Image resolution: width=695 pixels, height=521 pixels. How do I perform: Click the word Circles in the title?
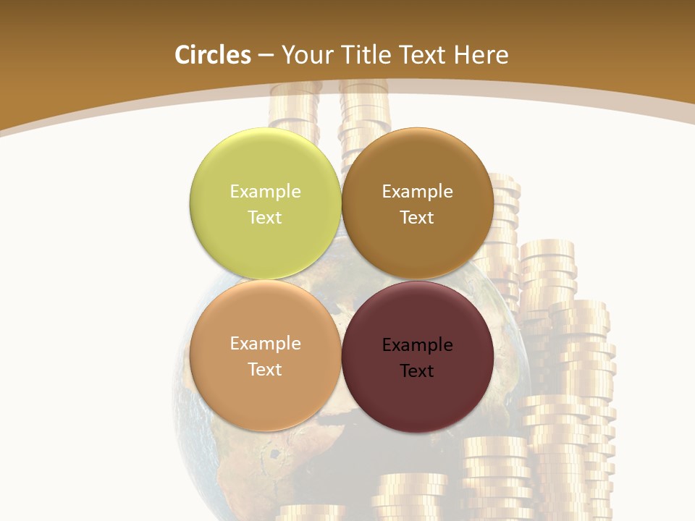point(213,55)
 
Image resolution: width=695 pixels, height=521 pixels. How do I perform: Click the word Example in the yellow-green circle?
point(265,191)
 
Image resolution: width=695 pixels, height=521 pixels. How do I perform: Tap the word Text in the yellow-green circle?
point(265,217)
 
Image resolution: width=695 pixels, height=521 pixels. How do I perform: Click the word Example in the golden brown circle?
point(417,191)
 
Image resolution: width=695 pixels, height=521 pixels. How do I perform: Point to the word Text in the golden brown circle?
point(417,217)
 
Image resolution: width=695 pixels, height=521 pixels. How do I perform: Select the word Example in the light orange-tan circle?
point(265,343)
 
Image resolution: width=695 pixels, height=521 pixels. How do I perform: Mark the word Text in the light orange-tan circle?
point(265,369)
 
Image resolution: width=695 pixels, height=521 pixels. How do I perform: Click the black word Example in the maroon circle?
point(417,344)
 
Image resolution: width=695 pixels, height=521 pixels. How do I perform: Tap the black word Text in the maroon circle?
point(417,370)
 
